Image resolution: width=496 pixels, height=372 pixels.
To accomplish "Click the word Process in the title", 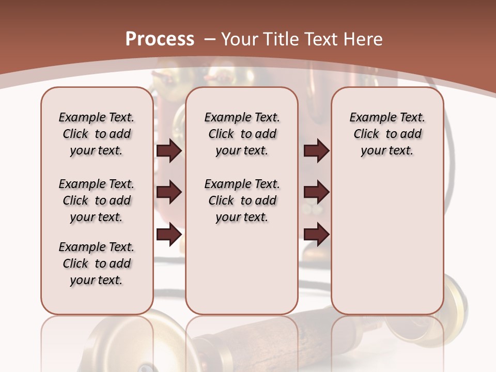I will pos(160,39).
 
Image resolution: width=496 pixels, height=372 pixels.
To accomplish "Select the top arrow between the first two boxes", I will pos(169,151).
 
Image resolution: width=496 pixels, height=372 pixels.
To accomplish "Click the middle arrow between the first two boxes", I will pos(169,193).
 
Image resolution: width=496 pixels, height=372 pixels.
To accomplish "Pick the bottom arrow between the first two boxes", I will pos(169,235).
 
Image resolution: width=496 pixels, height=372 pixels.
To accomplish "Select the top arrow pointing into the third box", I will pos(316,151).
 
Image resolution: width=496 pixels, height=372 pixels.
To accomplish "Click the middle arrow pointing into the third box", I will pos(316,193).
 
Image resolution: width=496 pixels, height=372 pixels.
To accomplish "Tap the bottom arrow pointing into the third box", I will pos(316,235).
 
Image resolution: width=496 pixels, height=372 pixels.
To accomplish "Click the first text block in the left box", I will pos(97,134).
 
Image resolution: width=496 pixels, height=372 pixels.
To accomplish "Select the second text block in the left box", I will pos(97,200).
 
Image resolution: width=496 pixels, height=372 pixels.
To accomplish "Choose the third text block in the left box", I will pos(97,263).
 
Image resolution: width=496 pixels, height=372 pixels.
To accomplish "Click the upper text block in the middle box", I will pos(242,134).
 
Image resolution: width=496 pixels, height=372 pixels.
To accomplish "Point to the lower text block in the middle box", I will pos(242,200).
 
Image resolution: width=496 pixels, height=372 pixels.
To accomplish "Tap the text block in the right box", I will pos(387,134).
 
